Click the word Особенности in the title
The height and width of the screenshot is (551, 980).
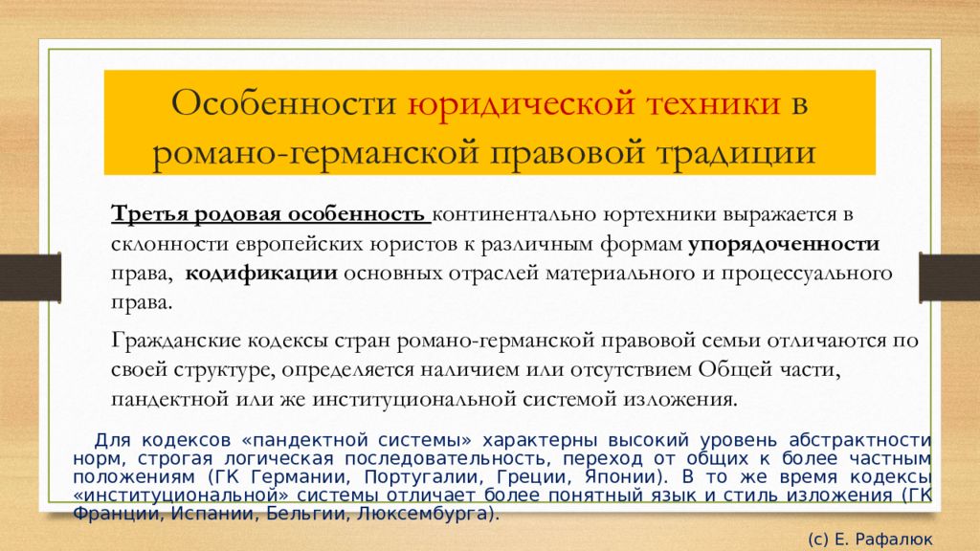pyautogui.click(x=284, y=103)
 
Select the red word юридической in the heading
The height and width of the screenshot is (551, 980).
pyautogui.click(x=522, y=104)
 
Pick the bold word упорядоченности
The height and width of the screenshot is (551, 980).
pyautogui.click(x=784, y=244)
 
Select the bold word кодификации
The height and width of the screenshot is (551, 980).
pyautogui.click(x=261, y=274)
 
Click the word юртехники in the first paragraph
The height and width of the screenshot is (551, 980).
pyautogui.click(x=659, y=214)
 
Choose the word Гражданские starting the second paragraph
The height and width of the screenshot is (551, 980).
pyautogui.click(x=176, y=342)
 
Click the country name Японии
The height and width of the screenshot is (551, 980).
pyautogui.click(x=622, y=477)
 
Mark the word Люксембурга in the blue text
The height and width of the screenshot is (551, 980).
pyautogui.click(x=423, y=514)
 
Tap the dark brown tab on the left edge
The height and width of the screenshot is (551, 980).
pyautogui.click(x=30, y=277)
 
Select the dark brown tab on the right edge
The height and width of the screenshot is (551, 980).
pyautogui.click(x=949, y=277)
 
